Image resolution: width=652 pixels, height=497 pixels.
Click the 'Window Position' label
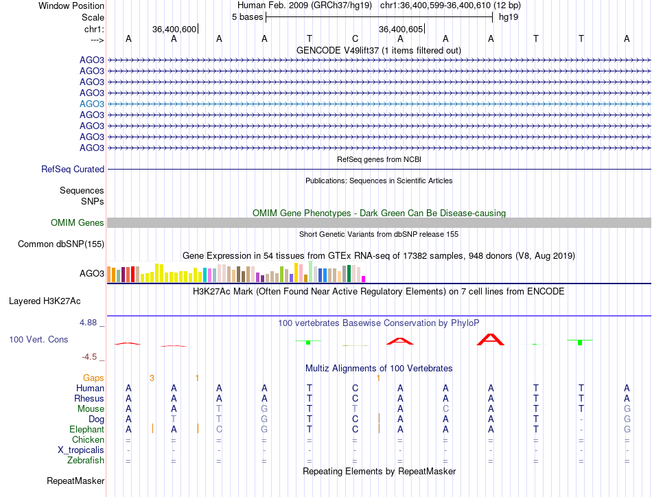(71, 5)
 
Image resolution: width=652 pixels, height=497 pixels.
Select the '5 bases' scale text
(247, 17)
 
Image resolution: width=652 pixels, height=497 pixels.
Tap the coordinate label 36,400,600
(174, 29)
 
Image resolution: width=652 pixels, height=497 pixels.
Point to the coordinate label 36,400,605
(401, 29)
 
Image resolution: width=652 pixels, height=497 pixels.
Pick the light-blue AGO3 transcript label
(92, 104)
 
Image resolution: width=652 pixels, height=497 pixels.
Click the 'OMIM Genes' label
(78, 223)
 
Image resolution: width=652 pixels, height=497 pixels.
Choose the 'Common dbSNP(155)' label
(61, 244)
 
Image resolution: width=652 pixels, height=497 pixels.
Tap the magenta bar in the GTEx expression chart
(364, 278)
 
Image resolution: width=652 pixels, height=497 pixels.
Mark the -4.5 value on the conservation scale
(93, 357)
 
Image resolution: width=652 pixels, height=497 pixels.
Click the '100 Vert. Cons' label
(38, 340)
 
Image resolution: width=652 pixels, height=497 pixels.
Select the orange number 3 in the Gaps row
(152, 378)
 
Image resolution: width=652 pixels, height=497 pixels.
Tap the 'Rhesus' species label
(89, 399)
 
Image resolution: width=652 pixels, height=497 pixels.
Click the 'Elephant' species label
(86, 430)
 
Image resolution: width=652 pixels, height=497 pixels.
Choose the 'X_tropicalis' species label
(81, 450)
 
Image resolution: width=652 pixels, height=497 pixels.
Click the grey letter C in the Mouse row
(445, 409)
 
